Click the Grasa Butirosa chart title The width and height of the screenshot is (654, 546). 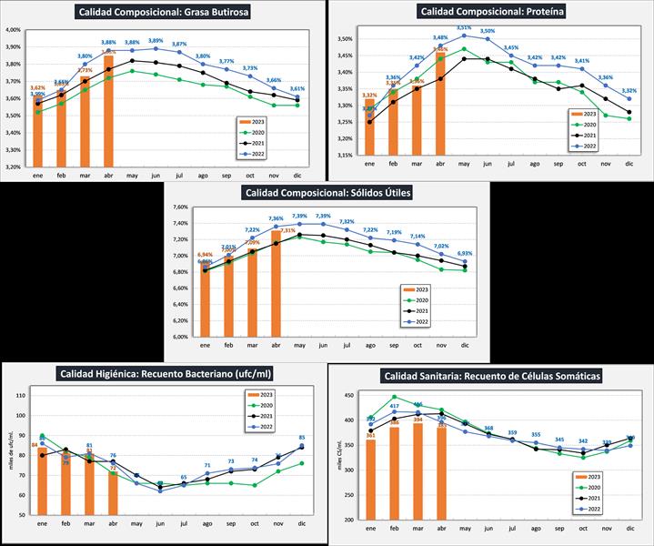[163, 13]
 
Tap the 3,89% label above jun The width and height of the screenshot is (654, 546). [156, 41]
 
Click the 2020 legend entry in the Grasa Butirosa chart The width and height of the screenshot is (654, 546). [260, 130]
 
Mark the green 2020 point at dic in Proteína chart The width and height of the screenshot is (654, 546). [629, 118]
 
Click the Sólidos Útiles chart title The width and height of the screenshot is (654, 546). [327, 193]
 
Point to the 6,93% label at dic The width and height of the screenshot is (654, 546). [465, 253]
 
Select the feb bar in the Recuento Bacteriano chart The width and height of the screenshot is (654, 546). [65, 483]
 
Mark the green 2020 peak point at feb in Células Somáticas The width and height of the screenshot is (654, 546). [394, 397]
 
